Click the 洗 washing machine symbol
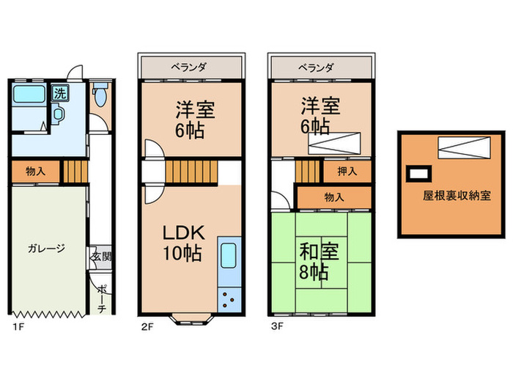[x=58, y=93]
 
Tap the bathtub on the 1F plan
[x=29, y=95]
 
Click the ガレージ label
[x=47, y=248]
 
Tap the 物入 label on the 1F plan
[x=35, y=172]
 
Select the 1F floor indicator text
[x=16, y=325]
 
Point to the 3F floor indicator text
[x=276, y=325]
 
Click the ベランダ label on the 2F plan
[x=189, y=67]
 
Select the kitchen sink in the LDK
[x=227, y=257]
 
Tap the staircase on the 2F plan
[x=192, y=173]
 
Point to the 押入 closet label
[x=347, y=172]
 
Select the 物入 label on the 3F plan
[x=335, y=197]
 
